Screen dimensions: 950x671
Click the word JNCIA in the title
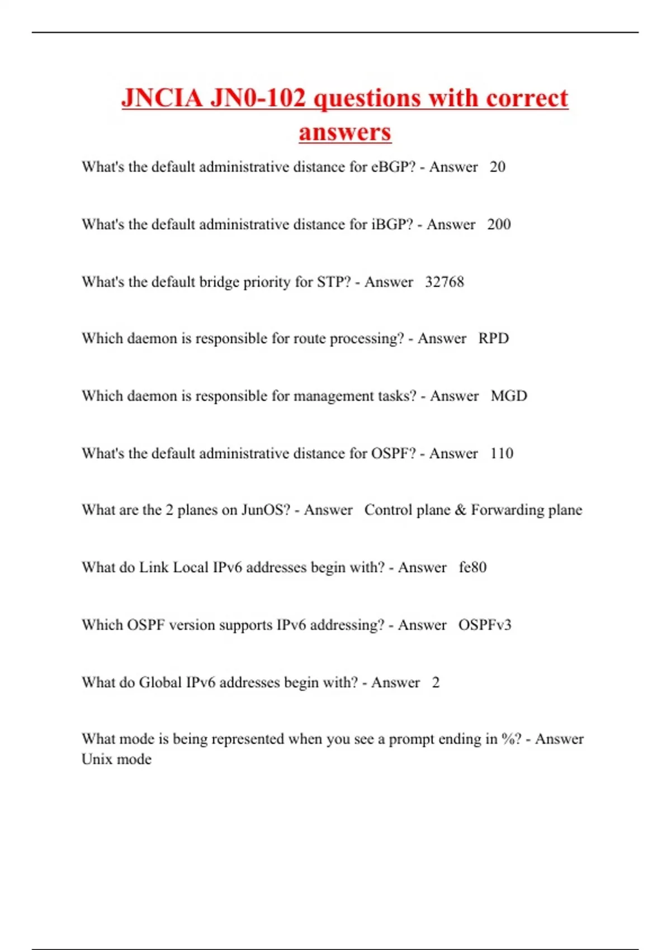[x=162, y=98]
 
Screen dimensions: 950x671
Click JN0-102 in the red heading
[x=258, y=98]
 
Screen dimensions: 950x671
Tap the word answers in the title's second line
[x=344, y=132]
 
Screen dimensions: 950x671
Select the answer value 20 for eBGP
[x=497, y=167]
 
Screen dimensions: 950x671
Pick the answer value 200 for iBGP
[x=499, y=225]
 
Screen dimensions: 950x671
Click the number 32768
[x=445, y=282]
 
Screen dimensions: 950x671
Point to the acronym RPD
[x=493, y=339]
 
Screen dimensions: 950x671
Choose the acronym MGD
[x=509, y=396]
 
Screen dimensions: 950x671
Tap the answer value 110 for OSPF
[x=502, y=453]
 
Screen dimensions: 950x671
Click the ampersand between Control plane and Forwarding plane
[x=461, y=510]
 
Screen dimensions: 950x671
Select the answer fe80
[x=472, y=568]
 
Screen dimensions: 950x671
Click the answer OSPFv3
[x=485, y=625]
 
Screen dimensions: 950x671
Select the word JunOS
[x=266, y=510]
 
